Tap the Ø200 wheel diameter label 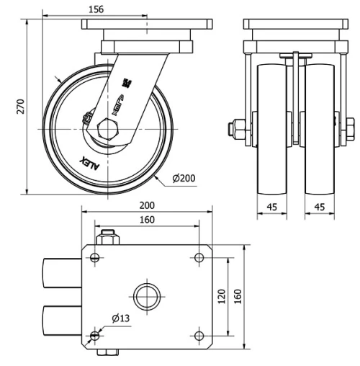[185, 178]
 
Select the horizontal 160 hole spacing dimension [147, 220]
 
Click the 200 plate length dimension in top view [147, 205]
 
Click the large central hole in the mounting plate [147, 295]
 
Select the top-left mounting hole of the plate [96, 257]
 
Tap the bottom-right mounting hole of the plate [199, 335]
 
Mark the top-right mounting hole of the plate [199, 257]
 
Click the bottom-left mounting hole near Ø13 [96, 335]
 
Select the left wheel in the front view [272, 130]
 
